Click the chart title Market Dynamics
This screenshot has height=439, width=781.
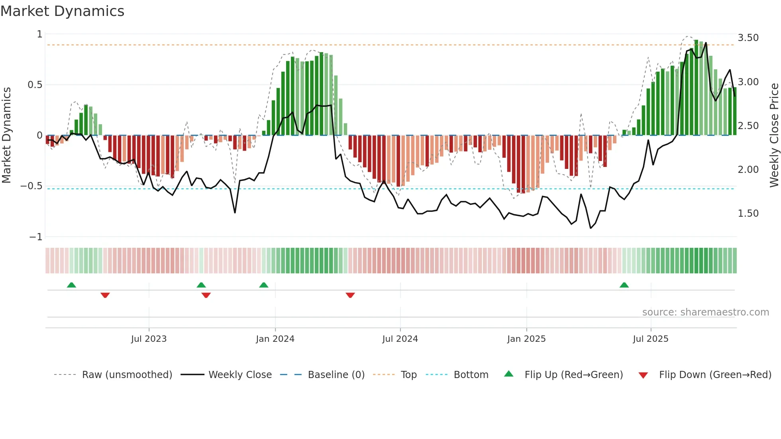click(62, 11)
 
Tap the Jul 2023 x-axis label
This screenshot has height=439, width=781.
click(149, 339)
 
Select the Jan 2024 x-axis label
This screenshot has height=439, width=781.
click(275, 339)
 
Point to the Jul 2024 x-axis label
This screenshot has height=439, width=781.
click(400, 339)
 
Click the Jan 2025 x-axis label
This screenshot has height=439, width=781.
click(526, 339)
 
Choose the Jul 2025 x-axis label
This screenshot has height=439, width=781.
click(650, 339)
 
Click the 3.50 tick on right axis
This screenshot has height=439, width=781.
click(748, 38)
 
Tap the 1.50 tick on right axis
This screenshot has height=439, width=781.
click(748, 214)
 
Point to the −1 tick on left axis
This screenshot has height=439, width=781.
click(35, 237)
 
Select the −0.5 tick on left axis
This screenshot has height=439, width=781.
click(31, 186)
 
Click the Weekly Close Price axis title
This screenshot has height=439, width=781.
click(774, 135)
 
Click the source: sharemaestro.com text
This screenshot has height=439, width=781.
click(705, 312)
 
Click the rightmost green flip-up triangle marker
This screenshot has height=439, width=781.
click(624, 285)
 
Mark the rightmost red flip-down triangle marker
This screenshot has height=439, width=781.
click(350, 295)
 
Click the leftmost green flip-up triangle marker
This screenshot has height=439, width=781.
click(71, 285)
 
